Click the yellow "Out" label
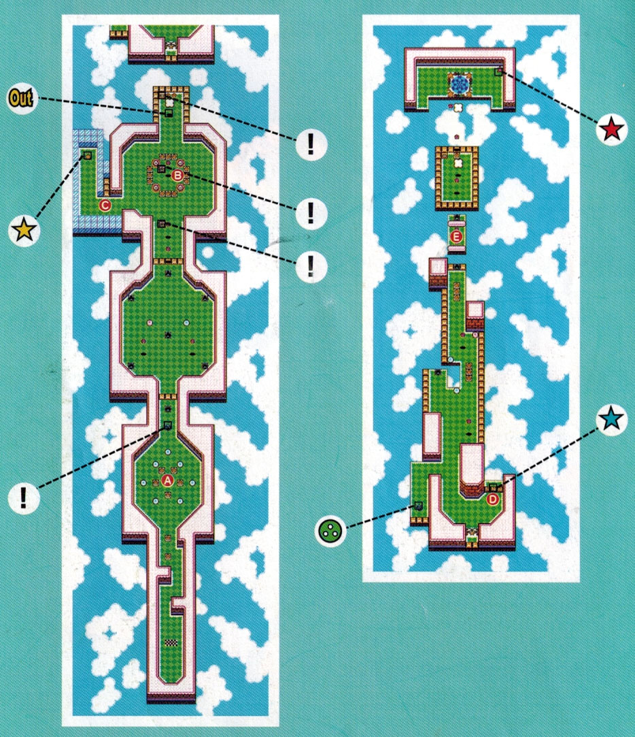21,99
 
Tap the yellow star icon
24,231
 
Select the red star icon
611,130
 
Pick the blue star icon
611,419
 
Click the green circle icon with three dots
330,531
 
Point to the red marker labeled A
168,480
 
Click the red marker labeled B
177,176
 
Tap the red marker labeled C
104,206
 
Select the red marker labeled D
492,499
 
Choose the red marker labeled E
456,236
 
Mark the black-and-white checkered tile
171,642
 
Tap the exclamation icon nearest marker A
24,497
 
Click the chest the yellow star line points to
87,154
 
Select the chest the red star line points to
499,71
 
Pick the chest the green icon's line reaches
418,506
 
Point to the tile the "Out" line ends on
168,113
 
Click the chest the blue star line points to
493,487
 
